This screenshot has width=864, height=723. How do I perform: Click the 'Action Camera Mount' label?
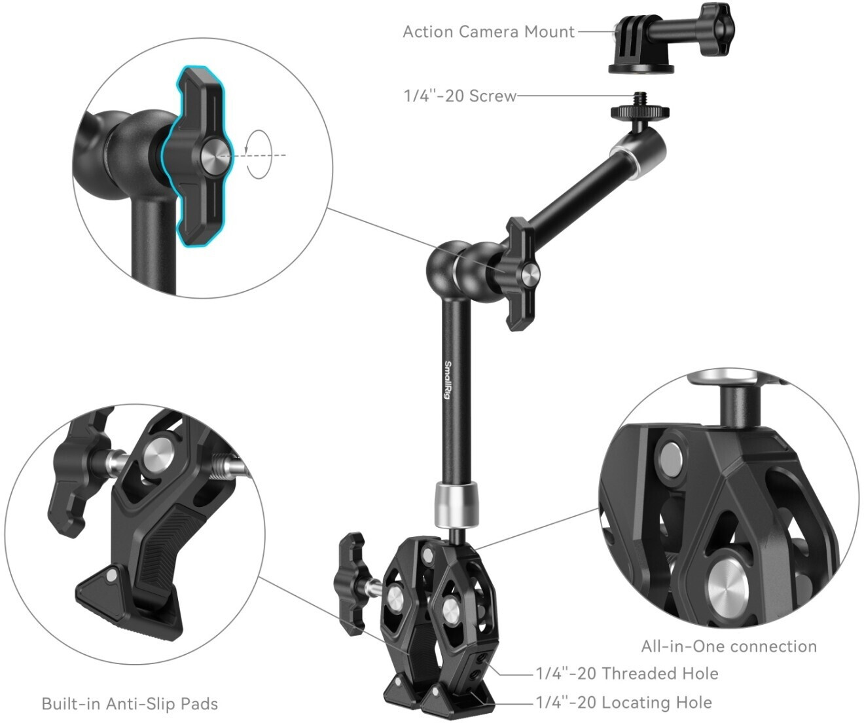(x=489, y=32)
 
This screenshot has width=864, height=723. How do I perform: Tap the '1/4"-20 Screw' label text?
(x=460, y=96)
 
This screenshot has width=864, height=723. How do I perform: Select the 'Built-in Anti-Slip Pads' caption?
(x=130, y=703)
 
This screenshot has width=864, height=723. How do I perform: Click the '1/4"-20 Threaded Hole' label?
(x=627, y=674)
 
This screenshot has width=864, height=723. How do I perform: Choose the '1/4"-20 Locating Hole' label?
(x=624, y=702)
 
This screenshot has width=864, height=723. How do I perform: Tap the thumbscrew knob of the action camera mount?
(x=717, y=29)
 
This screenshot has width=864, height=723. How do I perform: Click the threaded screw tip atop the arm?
(x=639, y=99)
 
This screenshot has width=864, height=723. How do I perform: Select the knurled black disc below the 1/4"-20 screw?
(x=639, y=111)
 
